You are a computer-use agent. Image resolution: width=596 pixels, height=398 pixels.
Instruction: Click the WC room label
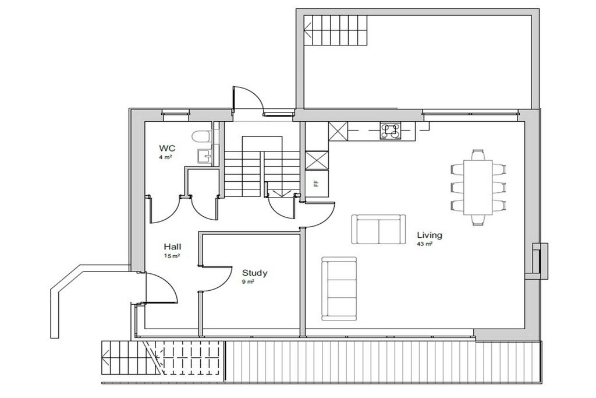click(x=167, y=147)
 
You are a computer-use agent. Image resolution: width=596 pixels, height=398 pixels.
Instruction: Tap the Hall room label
click(x=172, y=246)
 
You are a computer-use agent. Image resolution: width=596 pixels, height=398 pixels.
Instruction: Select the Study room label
click(x=255, y=273)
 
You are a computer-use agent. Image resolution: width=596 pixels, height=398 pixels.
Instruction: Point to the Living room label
click(x=430, y=235)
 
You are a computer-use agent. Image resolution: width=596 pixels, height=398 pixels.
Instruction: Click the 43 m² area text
click(x=424, y=244)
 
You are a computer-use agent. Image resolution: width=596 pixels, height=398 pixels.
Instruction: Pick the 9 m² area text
click(x=248, y=282)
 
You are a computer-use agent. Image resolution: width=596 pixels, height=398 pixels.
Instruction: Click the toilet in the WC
click(x=203, y=136)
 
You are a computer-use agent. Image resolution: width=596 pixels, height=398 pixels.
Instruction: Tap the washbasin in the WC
click(x=205, y=156)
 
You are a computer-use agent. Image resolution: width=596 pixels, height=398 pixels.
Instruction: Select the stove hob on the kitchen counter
click(x=391, y=131)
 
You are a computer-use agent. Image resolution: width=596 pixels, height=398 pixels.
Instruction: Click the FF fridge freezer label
click(x=315, y=184)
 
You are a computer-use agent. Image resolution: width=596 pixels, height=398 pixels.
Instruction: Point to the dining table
click(x=478, y=186)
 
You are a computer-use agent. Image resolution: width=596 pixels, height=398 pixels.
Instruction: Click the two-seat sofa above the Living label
click(x=378, y=230)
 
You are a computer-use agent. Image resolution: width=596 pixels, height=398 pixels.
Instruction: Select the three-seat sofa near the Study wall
click(x=339, y=288)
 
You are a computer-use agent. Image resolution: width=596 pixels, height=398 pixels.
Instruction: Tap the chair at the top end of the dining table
click(x=478, y=155)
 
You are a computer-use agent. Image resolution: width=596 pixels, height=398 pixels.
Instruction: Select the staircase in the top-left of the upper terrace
click(x=336, y=30)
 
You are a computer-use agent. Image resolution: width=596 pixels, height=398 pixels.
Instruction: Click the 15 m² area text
click(x=172, y=256)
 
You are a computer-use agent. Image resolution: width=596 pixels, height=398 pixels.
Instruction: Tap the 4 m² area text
click(x=165, y=157)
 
